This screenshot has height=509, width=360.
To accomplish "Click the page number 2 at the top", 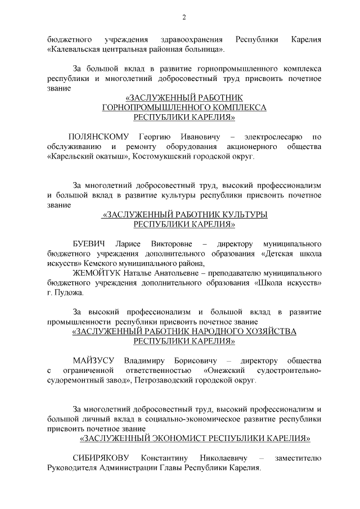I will (184, 18).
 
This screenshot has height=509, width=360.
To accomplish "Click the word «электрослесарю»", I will (273, 137).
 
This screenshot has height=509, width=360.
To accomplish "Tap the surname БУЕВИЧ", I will (89, 244).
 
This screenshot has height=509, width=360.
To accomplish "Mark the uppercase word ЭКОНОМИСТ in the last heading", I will (172, 438).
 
